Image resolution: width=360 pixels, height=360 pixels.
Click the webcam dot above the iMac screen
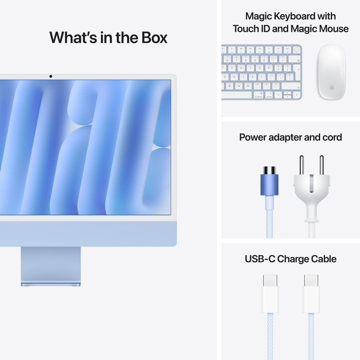pyautogui.click(x=51, y=77)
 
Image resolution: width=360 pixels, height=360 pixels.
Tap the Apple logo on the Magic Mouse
pyautogui.click(x=332, y=87)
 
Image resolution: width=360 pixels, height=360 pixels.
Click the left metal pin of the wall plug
pyautogui.click(x=301, y=165)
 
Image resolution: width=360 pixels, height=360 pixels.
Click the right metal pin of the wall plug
pyautogui.click(x=322, y=165)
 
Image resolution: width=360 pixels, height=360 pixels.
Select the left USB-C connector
pyautogui.click(x=270, y=294)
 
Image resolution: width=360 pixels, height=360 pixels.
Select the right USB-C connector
pyautogui.click(x=311, y=294)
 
